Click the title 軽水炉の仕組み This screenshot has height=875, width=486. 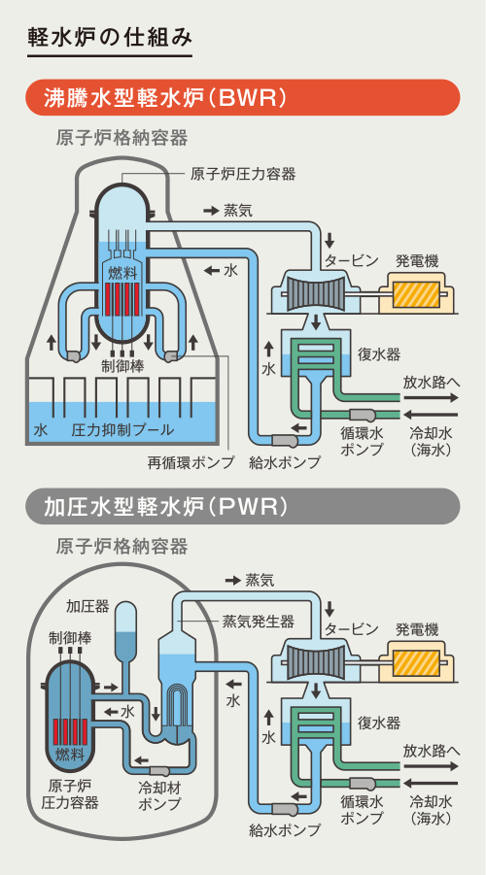[x=110, y=38]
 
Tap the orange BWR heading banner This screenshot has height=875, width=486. [x=243, y=98]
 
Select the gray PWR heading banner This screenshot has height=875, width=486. [x=243, y=506]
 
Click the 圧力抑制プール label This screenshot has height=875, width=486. [x=122, y=430]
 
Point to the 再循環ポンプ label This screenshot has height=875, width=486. [x=191, y=462]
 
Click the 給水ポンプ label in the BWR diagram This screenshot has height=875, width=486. [x=285, y=462]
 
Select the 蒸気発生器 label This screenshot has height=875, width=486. [x=259, y=621]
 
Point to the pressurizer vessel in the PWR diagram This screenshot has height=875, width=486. [x=125, y=629]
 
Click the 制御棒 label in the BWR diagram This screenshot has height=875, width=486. [x=122, y=365]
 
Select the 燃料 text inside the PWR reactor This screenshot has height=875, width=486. [x=70, y=755]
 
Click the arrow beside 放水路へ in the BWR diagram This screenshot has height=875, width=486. [x=431, y=398]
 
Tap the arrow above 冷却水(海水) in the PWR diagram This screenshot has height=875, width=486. [x=431, y=783]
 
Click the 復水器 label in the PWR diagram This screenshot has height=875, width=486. [x=379, y=724]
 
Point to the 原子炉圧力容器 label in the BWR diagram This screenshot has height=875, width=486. [x=242, y=175]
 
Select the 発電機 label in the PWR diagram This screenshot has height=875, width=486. [x=417, y=629]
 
